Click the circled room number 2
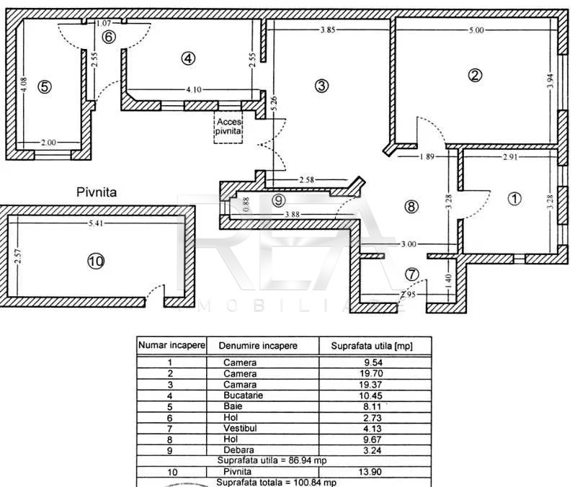pos(476,75)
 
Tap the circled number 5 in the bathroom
pos(45,87)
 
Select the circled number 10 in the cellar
pos(96,261)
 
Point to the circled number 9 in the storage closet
pos(279,200)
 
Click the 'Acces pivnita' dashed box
pos(228,127)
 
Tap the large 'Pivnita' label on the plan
pos(97,192)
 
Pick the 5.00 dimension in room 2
pos(476,30)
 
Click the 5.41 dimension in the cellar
pos(96,223)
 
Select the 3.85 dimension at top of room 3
pos(328,30)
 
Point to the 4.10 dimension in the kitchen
pos(194,89)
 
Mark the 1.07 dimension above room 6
pos(104,23)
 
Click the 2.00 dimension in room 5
pos(48,143)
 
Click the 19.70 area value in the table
pos(371,374)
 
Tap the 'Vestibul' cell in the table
pos(240,428)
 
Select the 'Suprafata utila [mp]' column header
pos(372,346)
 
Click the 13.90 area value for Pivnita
pos(370,472)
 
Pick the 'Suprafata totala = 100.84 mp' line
pos(276,482)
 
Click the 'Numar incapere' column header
pos(171,346)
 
